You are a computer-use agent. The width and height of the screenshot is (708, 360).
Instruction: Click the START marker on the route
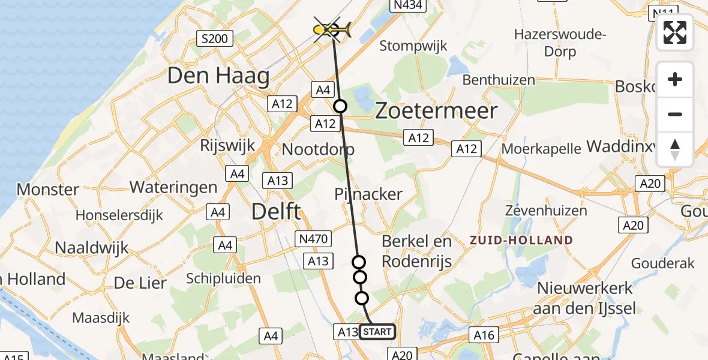377,331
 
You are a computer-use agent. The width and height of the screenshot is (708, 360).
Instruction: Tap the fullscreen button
675,32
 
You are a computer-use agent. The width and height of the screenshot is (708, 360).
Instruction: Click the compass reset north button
675,149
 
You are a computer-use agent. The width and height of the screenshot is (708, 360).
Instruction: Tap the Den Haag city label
218,76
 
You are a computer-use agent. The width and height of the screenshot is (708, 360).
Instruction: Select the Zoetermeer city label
436,111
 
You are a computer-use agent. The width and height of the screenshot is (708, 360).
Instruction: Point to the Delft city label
276,211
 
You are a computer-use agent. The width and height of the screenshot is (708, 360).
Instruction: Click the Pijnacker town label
368,194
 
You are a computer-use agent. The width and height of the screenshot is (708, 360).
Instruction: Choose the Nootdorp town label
318,149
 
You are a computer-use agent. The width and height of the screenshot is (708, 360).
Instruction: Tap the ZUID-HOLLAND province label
521,241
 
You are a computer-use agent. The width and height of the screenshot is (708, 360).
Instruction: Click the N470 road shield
313,239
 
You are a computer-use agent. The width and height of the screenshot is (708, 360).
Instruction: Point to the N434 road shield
407,5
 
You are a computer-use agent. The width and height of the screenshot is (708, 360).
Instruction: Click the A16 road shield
484,335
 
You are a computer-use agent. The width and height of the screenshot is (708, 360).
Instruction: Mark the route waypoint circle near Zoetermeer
340,106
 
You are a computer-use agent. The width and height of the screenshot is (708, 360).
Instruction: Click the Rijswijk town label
228,145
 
